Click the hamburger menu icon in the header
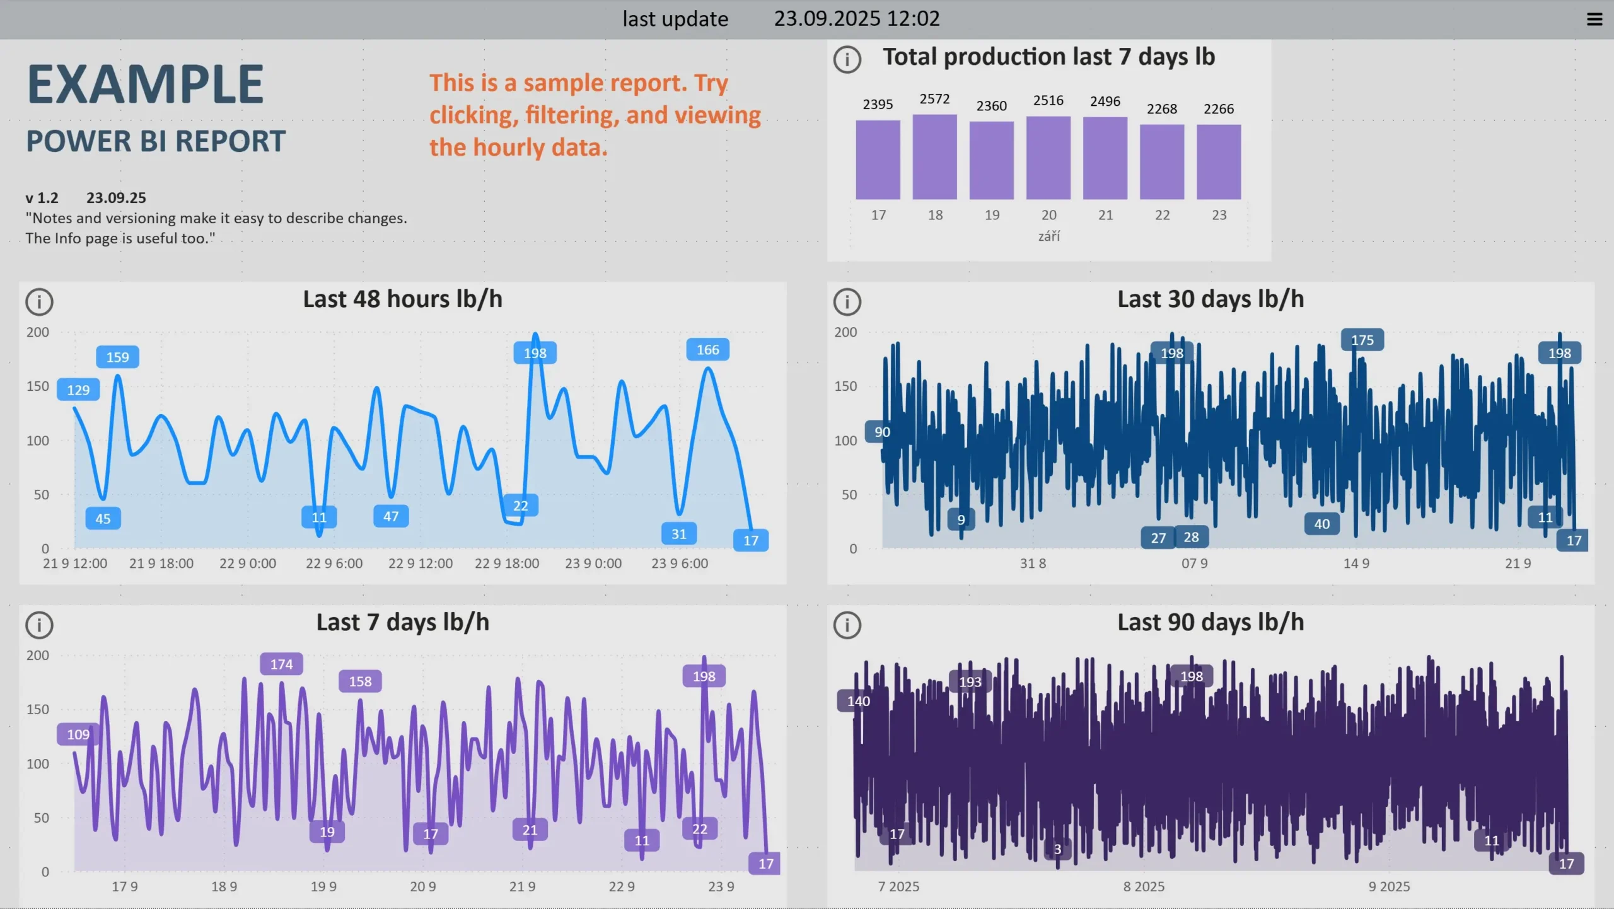point(1594,20)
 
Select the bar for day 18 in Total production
point(934,157)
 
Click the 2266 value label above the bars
point(1218,109)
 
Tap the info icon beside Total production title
point(847,59)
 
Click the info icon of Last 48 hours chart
point(39,302)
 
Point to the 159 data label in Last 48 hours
point(117,357)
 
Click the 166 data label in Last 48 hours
point(707,350)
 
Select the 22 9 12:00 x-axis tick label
point(420,564)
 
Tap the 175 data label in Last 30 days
point(1362,340)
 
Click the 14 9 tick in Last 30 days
point(1356,564)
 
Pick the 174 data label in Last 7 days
point(281,664)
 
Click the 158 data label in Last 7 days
point(360,681)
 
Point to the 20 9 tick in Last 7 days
point(422,887)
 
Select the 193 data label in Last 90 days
point(970,682)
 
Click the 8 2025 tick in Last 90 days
point(1144,887)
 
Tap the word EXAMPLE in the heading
point(146,84)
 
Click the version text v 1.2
point(42,198)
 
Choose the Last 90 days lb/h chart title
point(1210,623)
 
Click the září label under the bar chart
point(1048,236)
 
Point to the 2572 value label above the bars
point(934,99)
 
